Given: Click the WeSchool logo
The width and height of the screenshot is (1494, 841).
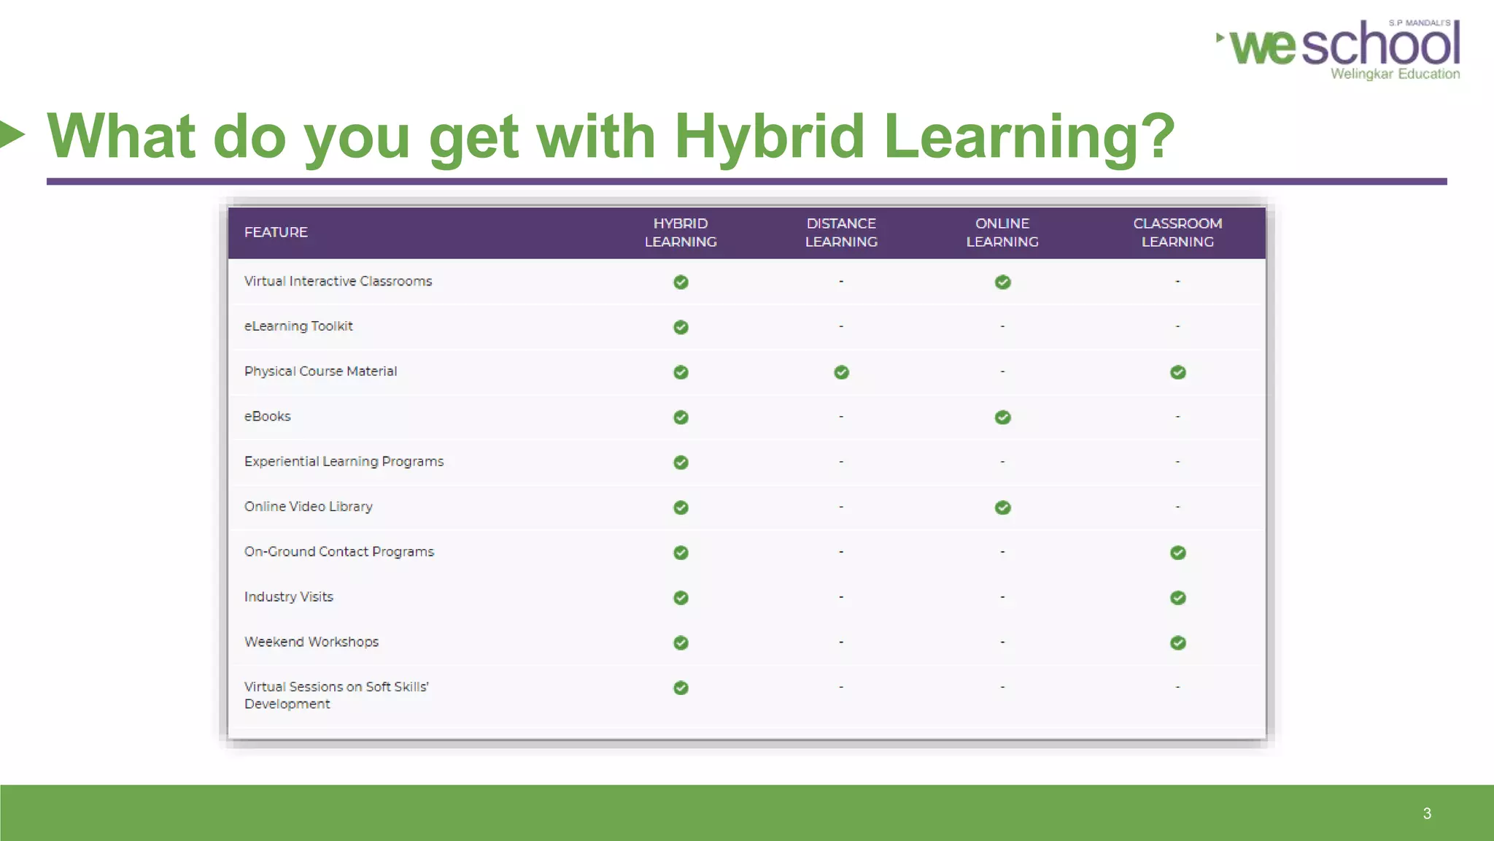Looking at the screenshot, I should pos(1342,48).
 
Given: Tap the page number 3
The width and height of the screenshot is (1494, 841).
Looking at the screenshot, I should pos(1427,813).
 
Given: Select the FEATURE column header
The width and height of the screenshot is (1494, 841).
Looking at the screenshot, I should pos(276,232).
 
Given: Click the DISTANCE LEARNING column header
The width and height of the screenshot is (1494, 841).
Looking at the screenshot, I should pos(841,232).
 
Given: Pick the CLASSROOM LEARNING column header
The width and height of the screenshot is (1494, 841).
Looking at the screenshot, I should pos(1177,232).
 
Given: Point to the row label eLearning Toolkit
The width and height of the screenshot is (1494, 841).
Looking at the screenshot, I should pos(298,326).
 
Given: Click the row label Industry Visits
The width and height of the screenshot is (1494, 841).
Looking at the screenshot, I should pos(289,596).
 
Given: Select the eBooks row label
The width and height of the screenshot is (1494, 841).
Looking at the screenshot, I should pos(268,416).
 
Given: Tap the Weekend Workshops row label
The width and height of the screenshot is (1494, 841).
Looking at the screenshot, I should pos(311,642).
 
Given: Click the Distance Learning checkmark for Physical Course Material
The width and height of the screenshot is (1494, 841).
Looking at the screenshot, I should pos(841,372).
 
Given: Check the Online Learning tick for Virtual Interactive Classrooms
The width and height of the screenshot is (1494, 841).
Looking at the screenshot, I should pos(1002,283).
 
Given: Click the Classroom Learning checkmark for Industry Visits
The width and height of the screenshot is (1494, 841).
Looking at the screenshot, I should pos(1177,598).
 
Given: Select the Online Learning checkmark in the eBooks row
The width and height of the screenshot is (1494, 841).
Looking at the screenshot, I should pos(1002,418).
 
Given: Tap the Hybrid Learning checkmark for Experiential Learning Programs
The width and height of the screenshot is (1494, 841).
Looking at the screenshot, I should pos(681,463).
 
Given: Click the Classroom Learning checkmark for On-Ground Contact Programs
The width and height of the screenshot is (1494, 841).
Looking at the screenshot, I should pos(1177,553).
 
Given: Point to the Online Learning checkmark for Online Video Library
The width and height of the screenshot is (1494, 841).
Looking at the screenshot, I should pos(1002,507).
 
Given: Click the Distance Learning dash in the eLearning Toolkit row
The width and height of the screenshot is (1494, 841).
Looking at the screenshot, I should pos(841,326).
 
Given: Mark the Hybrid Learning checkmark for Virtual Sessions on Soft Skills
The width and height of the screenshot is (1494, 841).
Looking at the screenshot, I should pos(681,688).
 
